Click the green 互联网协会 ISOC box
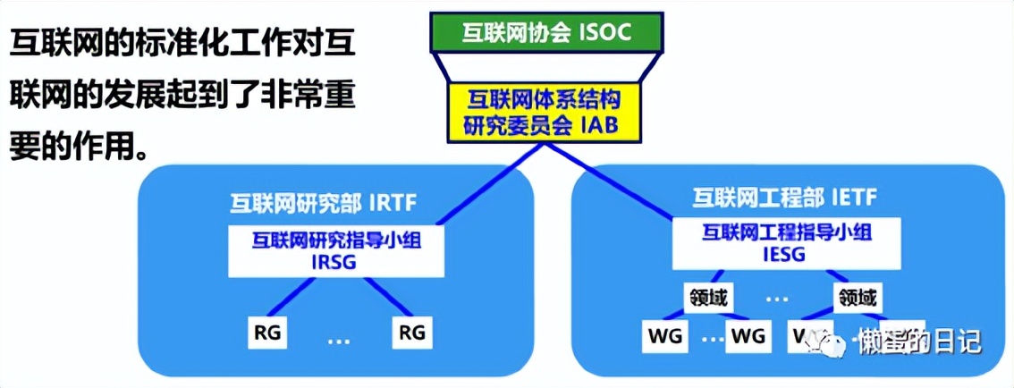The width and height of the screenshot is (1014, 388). (x=547, y=33)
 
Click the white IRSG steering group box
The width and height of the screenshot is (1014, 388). (x=335, y=250)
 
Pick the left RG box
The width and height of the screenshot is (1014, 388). (x=266, y=333)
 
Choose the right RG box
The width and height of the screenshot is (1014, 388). (x=410, y=333)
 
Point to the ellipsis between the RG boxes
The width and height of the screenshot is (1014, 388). (x=338, y=340)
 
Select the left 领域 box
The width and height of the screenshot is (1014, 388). (x=706, y=296)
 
